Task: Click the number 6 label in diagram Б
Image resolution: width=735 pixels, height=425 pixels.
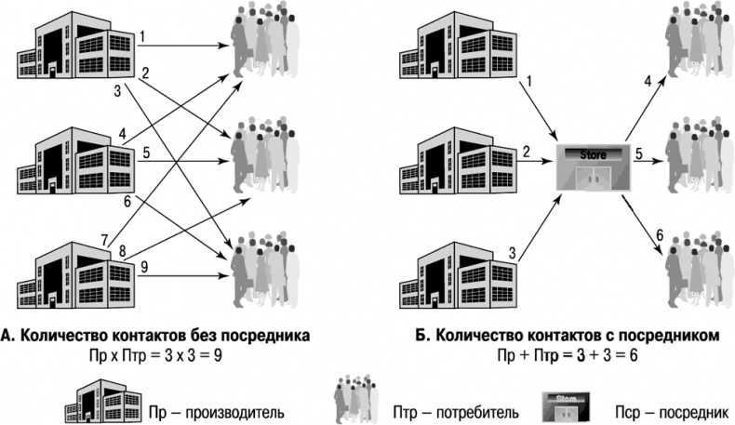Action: tap(660, 233)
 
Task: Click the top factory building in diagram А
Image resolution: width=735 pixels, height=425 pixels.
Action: tap(76, 49)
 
